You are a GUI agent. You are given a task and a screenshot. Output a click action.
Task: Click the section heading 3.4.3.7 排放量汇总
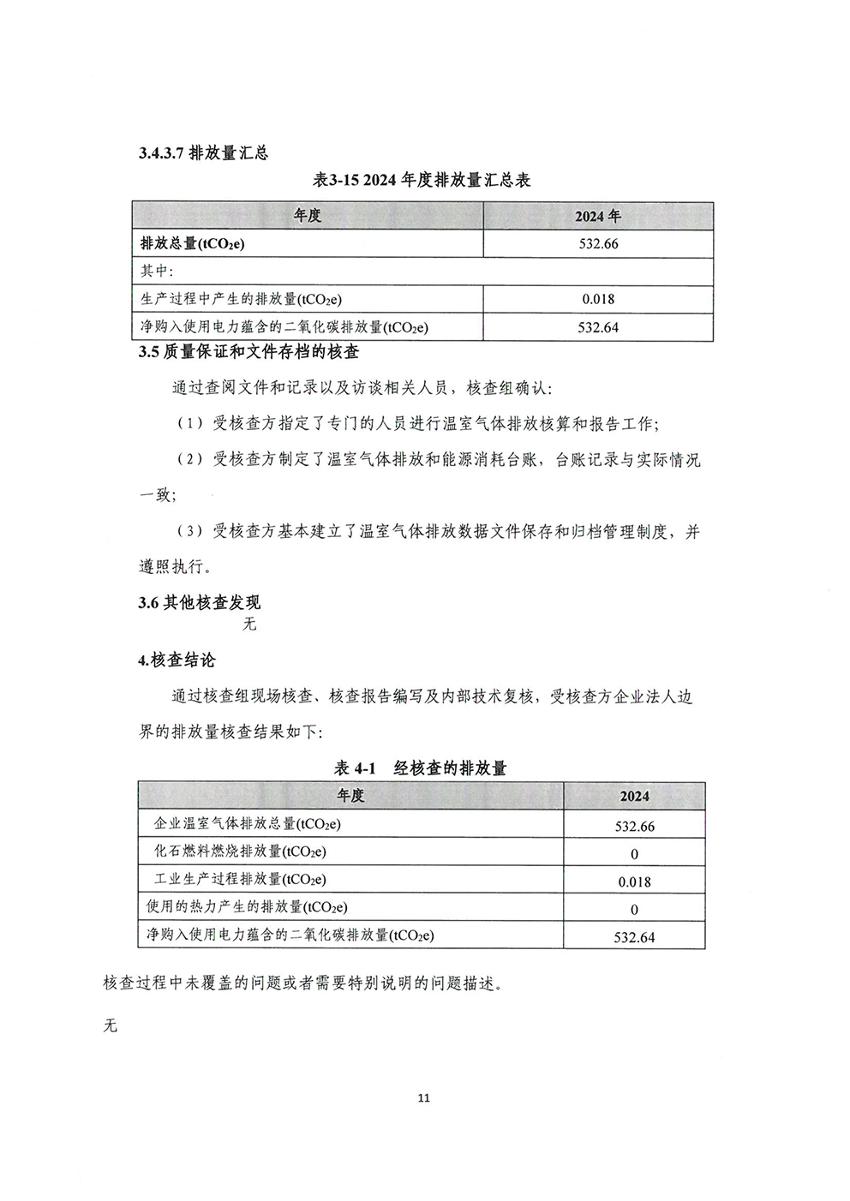[x=203, y=153]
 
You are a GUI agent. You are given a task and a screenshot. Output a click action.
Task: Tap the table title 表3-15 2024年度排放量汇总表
[x=422, y=181]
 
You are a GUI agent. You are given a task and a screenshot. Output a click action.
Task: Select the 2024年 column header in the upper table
[x=598, y=216]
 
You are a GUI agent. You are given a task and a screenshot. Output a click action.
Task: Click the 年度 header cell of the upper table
[x=307, y=216]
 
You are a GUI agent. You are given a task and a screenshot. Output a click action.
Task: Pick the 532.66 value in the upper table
[x=598, y=244]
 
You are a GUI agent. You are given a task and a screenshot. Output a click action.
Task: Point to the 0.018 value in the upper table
[x=598, y=299]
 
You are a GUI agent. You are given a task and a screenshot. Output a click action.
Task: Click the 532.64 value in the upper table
[x=598, y=327]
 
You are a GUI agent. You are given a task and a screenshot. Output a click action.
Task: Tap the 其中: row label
[x=157, y=272]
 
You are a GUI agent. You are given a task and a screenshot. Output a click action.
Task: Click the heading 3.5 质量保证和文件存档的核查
[x=248, y=352]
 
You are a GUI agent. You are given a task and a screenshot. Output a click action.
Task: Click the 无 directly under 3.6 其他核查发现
[x=249, y=624]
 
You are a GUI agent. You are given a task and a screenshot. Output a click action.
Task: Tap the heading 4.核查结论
[x=177, y=660]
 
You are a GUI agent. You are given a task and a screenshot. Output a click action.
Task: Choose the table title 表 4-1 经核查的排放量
[x=420, y=768]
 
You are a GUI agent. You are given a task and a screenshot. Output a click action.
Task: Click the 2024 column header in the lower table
[x=634, y=796]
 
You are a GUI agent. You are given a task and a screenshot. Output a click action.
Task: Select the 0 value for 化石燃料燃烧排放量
[x=634, y=854]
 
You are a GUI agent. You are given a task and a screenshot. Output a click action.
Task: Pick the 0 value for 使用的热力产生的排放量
[x=634, y=909]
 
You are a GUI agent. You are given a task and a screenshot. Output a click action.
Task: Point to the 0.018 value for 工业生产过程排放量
[x=634, y=881]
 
